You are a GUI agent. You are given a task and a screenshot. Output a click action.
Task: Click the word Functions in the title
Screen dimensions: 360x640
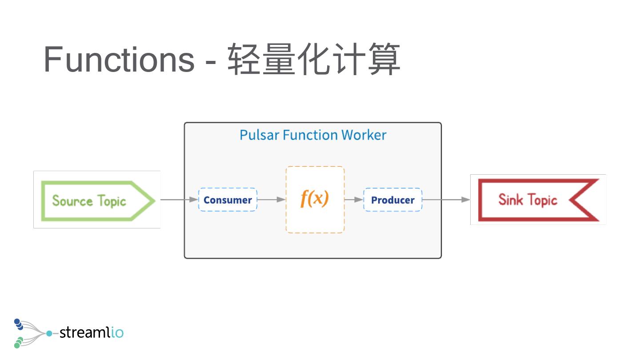pyautogui.click(x=119, y=60)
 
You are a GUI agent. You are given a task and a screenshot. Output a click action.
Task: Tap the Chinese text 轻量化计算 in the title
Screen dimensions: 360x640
pyautogui.click(x=314, y=60)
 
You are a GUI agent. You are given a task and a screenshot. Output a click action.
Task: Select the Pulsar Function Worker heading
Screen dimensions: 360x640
pyautogui.click(x=313, y=135)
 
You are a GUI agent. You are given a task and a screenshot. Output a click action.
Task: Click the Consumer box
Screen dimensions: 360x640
pyautogui.click(x=228, y=200)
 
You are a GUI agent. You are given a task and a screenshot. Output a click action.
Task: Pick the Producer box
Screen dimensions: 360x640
pyautogui.click(x=393, y=200)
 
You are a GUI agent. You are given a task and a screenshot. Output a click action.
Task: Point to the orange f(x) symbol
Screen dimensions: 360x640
pyautogui.click(x=315, y=198)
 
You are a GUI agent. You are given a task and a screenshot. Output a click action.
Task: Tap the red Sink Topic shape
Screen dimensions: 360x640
pyautogui.click(x=538, y=200)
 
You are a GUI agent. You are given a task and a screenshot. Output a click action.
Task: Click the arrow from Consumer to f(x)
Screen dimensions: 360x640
pyautogui.click(x=271, y=200)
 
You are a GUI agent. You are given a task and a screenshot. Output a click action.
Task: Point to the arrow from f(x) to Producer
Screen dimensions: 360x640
pyautogui.click(x=354, y=200)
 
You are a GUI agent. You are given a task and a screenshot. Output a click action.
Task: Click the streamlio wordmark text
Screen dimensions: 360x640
pyautogui.click(x=91, y=332)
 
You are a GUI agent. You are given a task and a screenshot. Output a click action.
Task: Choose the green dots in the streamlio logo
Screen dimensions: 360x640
pyautogui.click(x=18, y=342)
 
